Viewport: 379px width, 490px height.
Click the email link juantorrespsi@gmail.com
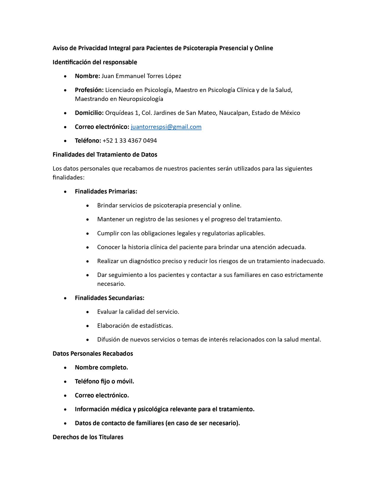click(x=166, y=127)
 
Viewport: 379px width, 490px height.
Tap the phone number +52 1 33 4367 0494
click(x=130, y=141)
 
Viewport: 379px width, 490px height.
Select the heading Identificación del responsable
click(x=95, y=62)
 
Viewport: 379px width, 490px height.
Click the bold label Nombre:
click(x=87, y=76)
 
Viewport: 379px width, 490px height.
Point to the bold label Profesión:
click(x=89, y=90)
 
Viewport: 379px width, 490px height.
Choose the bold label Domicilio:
click(x=89, y=113)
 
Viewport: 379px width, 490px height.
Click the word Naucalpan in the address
click(x=233, y=113)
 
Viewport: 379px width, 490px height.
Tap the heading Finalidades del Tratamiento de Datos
click(x=105, y=155)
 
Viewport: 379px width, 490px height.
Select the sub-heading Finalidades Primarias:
click(x=106, y=191)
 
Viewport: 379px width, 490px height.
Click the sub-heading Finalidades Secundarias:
click(x=110, y=298)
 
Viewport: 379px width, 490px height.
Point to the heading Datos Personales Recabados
click(x=93, y=354)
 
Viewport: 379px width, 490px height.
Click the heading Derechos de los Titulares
click(x=88, y=437)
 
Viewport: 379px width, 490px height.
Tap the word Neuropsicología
click(x=141, y=99)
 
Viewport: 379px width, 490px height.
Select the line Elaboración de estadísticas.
click(x=135, y=326)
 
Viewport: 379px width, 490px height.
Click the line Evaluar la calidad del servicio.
click(x=138, y=312)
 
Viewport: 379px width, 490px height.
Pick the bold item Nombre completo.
click(x=101, y=367)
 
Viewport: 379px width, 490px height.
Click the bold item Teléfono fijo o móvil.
click(x=105, y=381)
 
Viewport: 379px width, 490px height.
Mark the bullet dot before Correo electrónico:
click(x=65, y=127)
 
